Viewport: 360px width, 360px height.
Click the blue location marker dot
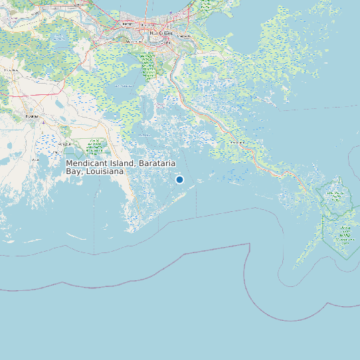[179, 179]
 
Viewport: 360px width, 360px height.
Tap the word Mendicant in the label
[87, 163]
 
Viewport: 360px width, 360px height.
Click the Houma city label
[31, 116]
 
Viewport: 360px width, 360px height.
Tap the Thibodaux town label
[11, 69]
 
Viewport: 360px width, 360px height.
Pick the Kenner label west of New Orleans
[126, 25]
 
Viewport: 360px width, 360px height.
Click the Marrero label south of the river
[147, 41]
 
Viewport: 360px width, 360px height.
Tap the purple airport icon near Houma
[42, 122]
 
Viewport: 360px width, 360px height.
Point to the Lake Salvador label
[124, 86]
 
